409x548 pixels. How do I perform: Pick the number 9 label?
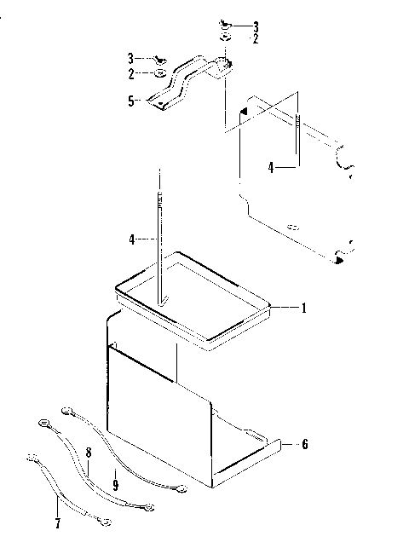(115, 484)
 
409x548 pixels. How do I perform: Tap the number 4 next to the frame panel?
(269, 169)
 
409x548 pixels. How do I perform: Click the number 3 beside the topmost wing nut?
(255, 26)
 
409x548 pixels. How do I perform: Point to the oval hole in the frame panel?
(292, 228)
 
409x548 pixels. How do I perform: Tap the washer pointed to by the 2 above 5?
(161, 74)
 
